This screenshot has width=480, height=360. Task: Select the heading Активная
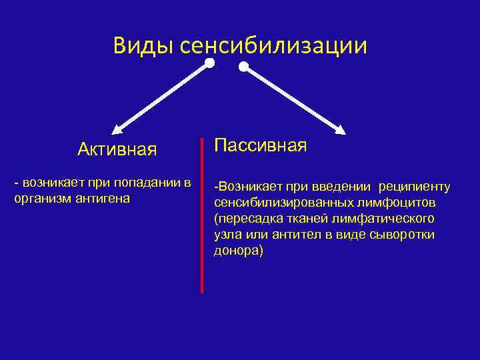[117, 149]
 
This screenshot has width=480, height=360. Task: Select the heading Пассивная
[260, 145]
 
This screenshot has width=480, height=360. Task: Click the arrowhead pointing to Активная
[117, 129]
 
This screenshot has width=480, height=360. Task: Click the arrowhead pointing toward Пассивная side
[340, 129]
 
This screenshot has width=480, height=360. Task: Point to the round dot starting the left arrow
[210, 63]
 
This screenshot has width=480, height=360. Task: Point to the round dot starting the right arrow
[244, 67]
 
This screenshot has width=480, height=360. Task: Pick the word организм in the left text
[39, 198]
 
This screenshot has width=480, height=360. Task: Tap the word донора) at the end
[239, 251]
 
